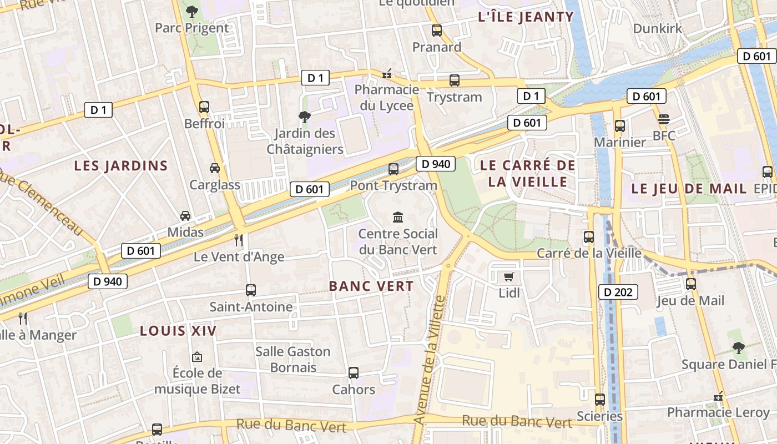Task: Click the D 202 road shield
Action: [x=618, y=292]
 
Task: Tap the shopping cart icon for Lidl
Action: [x=508, y=276]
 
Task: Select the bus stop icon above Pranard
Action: [x=437, y=31]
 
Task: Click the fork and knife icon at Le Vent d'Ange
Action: [x=239, y=240]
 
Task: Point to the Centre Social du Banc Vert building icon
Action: [x=398, y=217]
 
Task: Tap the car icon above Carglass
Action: [x=215, y=168]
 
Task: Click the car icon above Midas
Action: [x=185, y=216]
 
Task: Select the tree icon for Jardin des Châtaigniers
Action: [x=304, y=117]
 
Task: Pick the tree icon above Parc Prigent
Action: [x=191, y=11]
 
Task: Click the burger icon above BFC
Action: [x=664, y=119]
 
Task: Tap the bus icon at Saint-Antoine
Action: [x=251, y=290]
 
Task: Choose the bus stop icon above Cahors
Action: [x=354, y=373]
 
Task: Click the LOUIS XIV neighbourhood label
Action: [x=178, y=331]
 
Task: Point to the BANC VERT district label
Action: [x=371, y=286]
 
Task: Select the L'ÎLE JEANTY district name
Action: [x=526, y=17]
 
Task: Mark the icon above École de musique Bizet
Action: [x=196, y=357]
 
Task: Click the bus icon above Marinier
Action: [x=620, y=126]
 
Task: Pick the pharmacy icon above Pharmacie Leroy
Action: [x=718, y=396]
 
